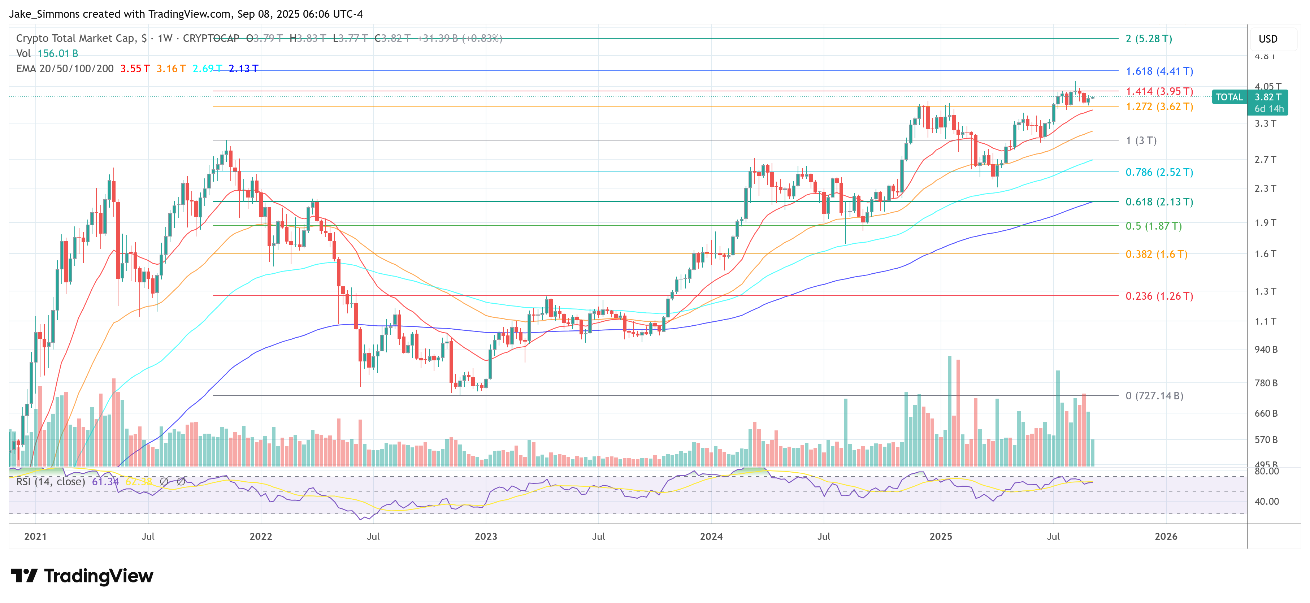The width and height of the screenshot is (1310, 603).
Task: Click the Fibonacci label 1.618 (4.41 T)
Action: (1159, 71)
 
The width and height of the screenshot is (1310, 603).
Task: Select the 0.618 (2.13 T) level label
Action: (1159, 202)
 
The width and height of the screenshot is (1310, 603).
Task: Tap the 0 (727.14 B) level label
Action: (1154, 395)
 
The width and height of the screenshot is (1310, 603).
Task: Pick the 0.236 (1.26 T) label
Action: (1159, 296)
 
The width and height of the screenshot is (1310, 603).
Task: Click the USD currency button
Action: (1268, 39)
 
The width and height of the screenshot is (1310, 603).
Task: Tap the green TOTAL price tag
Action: (1229, 97)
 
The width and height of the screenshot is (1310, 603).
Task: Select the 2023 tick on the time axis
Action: (486, 537)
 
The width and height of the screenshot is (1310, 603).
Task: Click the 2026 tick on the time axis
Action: (1166, 537)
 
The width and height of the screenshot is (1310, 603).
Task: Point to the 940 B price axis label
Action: (1266, 349)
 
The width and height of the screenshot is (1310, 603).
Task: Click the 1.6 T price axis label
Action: (1265, 254)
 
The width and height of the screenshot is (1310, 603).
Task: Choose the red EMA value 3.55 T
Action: (135, 69)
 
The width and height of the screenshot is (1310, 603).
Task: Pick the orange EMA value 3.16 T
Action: (171, 69)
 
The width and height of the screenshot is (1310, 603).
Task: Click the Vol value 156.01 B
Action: (57, 53)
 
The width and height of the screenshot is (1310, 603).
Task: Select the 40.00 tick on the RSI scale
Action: (1266, 501)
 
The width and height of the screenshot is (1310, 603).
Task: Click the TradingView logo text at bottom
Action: (98, 576)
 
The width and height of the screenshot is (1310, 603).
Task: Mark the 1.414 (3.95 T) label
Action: (1159, 91)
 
